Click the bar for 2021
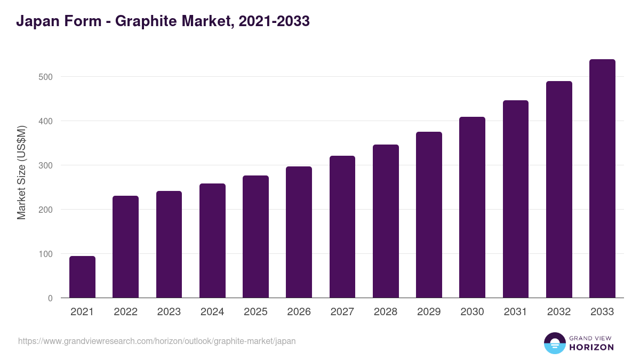pos(82,277)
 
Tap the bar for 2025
pos(255,237)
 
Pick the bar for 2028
pos(386,221)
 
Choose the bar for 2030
pos(472,207)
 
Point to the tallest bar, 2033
pos(602,179)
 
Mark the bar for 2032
pos(559,189)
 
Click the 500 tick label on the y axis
pos(46,77)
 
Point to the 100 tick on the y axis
pos(46,254)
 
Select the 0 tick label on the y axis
pos(50,298)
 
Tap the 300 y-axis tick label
pos(46,165)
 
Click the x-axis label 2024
pos(212,312)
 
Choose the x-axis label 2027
pos(342,312)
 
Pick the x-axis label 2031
pos(516,312)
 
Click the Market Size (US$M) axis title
pos(21,172)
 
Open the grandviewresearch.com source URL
pos(157,341)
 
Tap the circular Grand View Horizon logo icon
pos(554,343)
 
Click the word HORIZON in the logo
pos(591,347)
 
